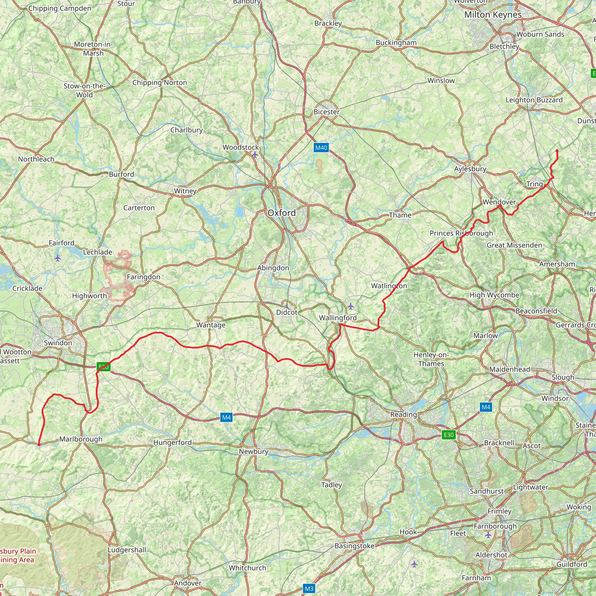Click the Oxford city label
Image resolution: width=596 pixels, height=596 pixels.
281,213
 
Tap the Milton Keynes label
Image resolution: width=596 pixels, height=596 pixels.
493,15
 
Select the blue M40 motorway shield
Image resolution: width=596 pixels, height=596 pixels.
321,148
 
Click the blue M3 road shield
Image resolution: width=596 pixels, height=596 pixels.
309,588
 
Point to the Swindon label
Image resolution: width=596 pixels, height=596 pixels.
58,343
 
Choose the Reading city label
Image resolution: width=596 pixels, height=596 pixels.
404,414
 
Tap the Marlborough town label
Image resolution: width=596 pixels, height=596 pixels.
81,439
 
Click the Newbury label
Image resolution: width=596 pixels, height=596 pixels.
253,451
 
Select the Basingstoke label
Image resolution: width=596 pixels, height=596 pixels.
354,546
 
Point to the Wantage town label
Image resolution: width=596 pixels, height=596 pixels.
211,325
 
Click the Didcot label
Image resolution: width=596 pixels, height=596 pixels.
287,312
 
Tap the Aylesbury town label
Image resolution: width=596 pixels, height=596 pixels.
470,169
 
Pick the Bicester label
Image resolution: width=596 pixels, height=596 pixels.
327,112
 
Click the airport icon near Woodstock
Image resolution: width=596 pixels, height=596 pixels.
255,155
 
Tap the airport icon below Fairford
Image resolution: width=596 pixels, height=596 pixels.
58,258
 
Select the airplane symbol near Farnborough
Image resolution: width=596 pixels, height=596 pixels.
488,535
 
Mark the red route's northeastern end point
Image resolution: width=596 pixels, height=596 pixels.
557,150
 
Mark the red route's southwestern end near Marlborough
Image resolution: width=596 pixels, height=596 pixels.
39,445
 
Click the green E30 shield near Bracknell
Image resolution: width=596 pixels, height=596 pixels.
448,435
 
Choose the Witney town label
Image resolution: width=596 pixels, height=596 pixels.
185,191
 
